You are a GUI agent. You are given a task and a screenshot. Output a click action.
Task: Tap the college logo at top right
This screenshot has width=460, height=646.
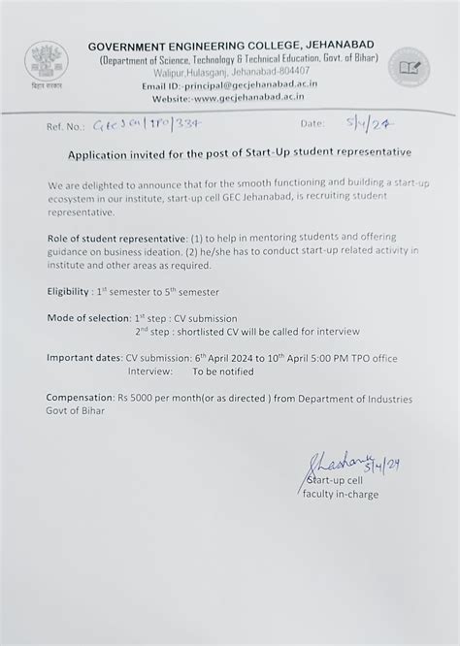tap(407, 70)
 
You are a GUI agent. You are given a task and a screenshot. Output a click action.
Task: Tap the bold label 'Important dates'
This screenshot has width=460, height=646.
tap(84, 358)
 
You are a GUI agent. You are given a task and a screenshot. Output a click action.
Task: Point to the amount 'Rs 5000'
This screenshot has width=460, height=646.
tap(153, 399)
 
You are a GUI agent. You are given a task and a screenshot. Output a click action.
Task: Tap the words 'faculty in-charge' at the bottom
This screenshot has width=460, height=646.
tap(341, 495)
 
